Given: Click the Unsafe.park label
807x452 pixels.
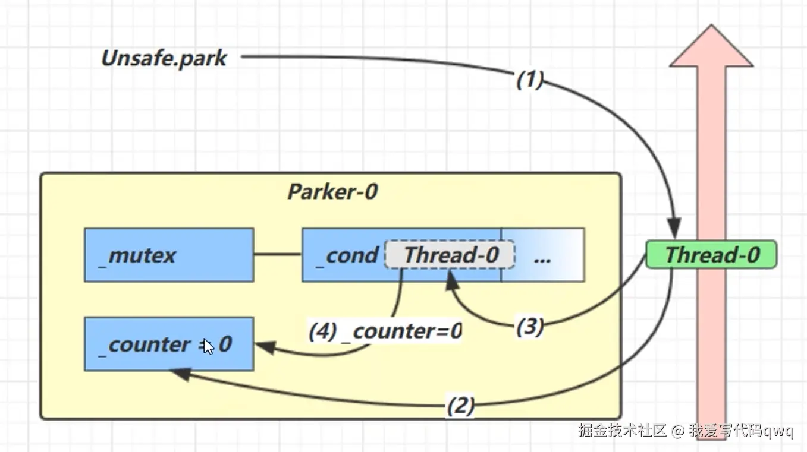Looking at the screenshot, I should click(164, 58).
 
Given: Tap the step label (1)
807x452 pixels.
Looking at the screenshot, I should click(529, 80).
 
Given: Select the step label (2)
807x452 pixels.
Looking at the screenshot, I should click(460, 407).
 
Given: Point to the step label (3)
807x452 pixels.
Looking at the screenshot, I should click(529, 327).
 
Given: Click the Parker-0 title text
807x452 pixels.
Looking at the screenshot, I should click(332, 192).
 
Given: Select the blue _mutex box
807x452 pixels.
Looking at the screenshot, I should click(169, 255).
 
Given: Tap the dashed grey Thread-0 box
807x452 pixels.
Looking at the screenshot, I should click(450, 255).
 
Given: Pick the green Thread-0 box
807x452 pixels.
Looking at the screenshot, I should click(711, 255).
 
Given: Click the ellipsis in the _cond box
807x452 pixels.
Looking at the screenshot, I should click(542, 257).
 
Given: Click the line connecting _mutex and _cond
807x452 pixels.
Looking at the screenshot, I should click(278, 255).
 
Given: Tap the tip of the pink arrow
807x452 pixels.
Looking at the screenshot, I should click(711, 27).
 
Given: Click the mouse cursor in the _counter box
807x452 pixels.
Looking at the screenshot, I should click(208, 346).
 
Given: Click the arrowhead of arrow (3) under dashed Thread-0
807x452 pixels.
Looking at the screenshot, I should click(451, 277).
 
